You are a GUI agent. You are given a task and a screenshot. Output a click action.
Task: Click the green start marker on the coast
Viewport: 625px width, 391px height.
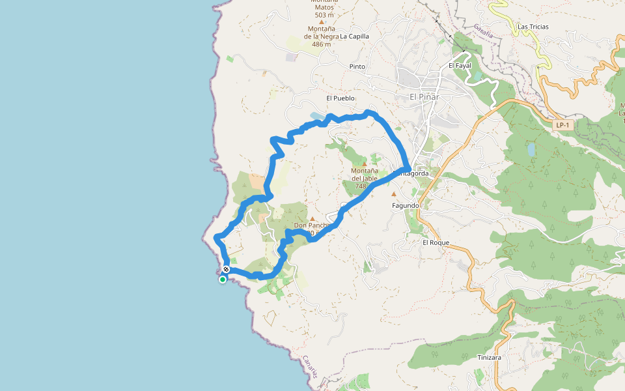pos(223,280)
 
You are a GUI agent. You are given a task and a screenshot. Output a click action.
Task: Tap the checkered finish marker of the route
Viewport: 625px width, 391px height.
pos(226,269)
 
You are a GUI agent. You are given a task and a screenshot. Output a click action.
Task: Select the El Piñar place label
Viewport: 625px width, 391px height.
pos(424,97)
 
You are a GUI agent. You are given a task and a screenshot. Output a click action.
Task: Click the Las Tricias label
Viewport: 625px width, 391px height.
pos(533,27)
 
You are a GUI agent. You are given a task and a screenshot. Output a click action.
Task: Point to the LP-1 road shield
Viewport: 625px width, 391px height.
pos(562,124)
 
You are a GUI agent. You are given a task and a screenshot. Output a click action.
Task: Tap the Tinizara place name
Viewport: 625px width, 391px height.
pos(489,358)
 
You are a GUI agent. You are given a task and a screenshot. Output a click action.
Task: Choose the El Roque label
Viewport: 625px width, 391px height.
pos(436,242)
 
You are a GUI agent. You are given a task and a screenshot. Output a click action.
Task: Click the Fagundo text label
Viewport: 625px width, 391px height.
pos(405,205)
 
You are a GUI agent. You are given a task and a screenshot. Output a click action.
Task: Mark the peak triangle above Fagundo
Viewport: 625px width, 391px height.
pos(393,194)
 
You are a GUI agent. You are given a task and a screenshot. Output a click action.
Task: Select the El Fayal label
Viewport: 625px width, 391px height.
pos(460,66)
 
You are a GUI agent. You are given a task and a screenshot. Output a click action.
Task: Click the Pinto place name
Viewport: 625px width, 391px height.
pos(357,66)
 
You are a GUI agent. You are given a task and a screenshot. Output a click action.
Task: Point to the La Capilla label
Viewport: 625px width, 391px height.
pos(354,36)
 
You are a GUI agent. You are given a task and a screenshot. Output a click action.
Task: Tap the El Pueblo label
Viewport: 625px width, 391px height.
pos(340,98)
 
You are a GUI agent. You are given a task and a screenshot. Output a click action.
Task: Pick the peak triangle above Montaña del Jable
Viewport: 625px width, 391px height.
pos(364,164)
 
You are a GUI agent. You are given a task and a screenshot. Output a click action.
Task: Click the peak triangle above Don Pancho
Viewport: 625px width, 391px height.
pos(312,218)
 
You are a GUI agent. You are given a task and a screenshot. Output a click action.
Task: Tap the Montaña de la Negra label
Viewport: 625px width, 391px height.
pos(322,33)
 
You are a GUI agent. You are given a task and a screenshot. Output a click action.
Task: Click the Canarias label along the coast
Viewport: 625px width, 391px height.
pos(311,367)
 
